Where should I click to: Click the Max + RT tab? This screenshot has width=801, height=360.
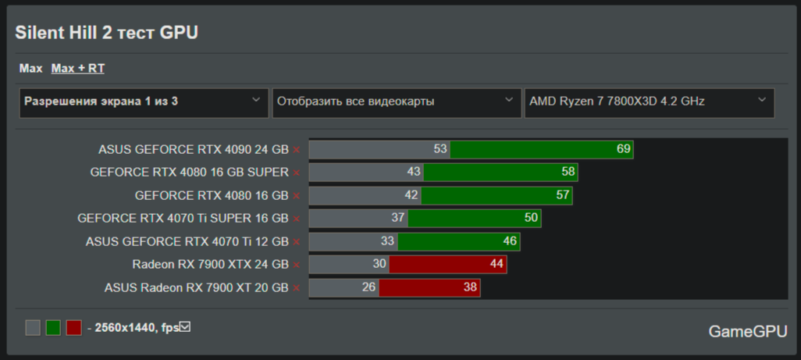[78, 69]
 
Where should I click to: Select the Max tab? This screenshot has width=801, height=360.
[30, 69]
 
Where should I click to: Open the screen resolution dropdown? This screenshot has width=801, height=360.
[144, 102]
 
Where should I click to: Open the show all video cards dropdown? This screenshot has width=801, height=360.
[397, 102]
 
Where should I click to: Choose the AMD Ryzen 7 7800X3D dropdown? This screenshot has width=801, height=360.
[649, 102]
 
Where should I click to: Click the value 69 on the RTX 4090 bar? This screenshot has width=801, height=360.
[623, 149]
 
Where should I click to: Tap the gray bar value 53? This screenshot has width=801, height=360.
[440, 149]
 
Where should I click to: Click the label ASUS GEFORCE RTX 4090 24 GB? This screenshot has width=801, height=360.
[193, 149]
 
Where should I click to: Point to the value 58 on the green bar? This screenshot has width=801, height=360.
[568, 172]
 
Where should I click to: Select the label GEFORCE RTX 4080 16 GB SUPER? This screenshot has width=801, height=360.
[189, 172]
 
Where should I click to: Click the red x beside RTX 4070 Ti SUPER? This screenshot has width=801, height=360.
[297, 219]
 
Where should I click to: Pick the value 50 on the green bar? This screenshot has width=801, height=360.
[531, 218]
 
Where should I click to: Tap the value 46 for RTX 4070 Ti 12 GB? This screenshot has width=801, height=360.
[510, 241]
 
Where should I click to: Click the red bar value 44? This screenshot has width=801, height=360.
[497, 264]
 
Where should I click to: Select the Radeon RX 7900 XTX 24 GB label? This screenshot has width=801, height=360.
[210, 264]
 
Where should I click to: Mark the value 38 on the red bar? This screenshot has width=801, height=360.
[470, 287]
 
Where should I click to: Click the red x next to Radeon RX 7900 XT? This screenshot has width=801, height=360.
[297, 288]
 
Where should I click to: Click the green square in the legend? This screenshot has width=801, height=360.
[53, 327]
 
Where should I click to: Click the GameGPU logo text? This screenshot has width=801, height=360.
[748, 331]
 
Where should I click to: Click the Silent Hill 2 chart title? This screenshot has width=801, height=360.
[107, 32]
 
